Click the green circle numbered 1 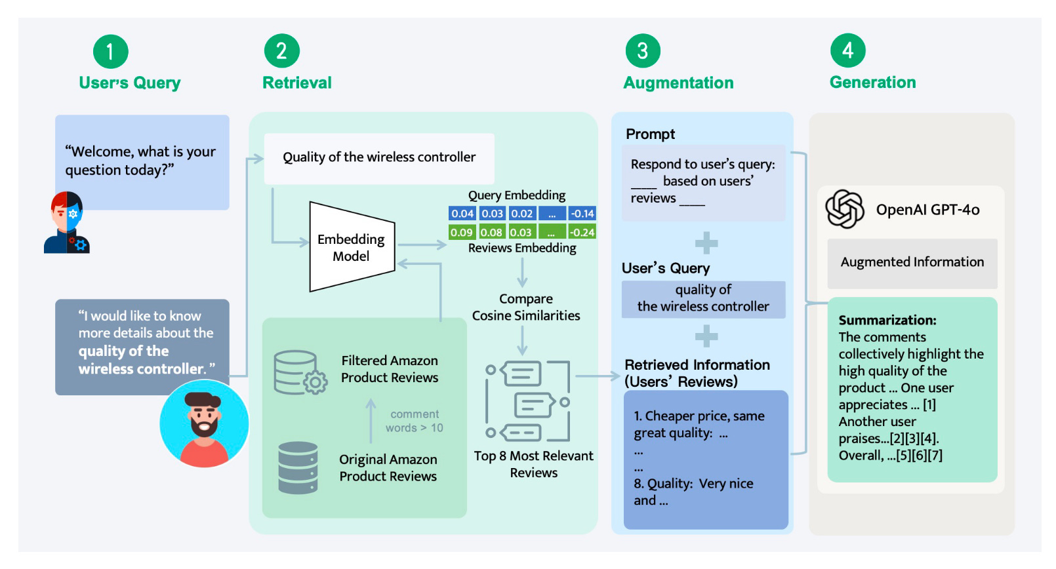pos(110,51)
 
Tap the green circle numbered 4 pos(847,50)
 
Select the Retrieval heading pos(297,83)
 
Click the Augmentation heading pos(678,83)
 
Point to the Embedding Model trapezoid pos(352,247)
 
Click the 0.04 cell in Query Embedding pos(462,214)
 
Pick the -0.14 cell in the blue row pos(582,214)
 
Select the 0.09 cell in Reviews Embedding pos(461,232)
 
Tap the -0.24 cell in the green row pos(582,232)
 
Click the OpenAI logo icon pos(845,209)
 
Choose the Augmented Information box pos(912,263)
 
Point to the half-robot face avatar pos(67,223)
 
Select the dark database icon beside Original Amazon pos(298,467)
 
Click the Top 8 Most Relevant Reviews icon pos(527,401)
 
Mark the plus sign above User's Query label pos(706,243)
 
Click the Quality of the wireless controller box pos(379,158)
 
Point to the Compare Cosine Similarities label pos(526,307)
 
